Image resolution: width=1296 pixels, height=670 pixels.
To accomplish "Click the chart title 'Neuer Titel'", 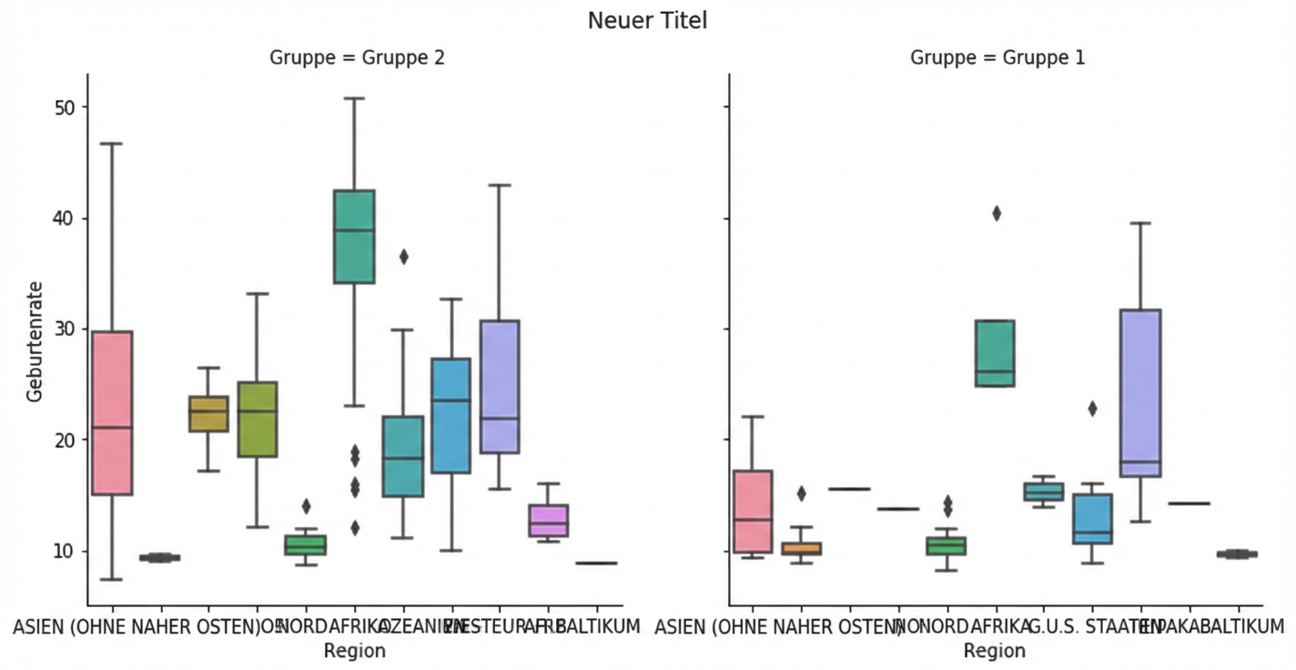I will click(x=647, y=20).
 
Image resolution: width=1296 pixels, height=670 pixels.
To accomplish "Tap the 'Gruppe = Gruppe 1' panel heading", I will click(x=997, y=57).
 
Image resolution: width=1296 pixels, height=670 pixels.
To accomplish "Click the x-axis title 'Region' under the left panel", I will click(x=355, y=650).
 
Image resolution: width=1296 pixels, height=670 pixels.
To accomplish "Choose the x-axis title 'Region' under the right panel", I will click(x=995, y=650).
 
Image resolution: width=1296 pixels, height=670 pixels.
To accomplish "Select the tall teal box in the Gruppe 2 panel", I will click(x=354, y=237).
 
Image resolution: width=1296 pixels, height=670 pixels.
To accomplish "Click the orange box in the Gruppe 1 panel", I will click(x=802, y=548).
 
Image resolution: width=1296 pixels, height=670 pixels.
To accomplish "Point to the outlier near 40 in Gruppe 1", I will click(x=997, y=214).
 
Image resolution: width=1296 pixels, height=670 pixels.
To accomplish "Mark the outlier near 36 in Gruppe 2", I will click(x=403, y=257).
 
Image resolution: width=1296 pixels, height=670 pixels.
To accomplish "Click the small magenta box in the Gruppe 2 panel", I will click(x=548, y=520).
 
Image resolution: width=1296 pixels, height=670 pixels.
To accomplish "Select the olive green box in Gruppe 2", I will click(x=257, y=419).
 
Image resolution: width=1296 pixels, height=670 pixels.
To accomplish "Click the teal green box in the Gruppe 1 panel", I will click(x=996, y=352).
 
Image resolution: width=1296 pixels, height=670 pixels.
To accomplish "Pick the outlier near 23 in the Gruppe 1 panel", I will click(x=1092, y=409).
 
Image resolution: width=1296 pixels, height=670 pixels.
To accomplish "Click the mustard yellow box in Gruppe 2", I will click(x=208, y=413).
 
